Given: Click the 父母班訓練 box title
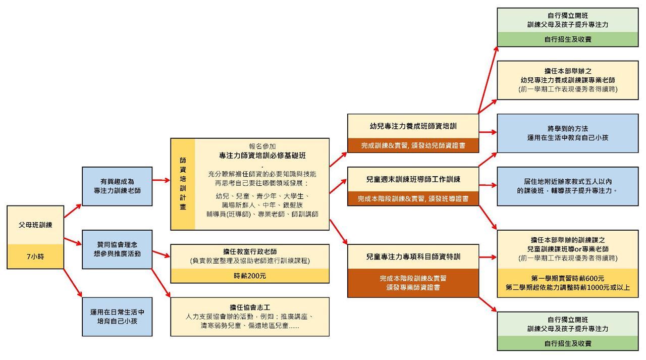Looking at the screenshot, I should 35,225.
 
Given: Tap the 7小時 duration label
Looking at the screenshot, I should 35,256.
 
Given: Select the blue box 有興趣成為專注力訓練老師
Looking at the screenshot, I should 117,186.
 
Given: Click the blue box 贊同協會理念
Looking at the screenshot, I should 117,249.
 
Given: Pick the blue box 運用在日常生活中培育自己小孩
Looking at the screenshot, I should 117,317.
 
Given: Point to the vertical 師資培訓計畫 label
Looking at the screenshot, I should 183,184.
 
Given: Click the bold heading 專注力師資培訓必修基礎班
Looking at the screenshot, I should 262,156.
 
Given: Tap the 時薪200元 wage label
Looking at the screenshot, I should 250,276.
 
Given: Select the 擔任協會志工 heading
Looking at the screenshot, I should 250,307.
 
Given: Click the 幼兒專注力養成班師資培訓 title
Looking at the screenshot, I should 413,125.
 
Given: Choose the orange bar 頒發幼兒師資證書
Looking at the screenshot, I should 413,145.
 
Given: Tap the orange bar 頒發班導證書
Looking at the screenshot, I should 413,199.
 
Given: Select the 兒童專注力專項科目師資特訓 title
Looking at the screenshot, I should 413,256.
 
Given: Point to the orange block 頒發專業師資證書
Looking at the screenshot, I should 413,283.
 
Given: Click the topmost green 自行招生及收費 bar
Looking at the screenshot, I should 568,39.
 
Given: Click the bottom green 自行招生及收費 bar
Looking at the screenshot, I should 568,343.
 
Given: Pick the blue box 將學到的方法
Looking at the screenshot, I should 568,133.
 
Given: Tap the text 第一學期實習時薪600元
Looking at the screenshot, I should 568,278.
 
